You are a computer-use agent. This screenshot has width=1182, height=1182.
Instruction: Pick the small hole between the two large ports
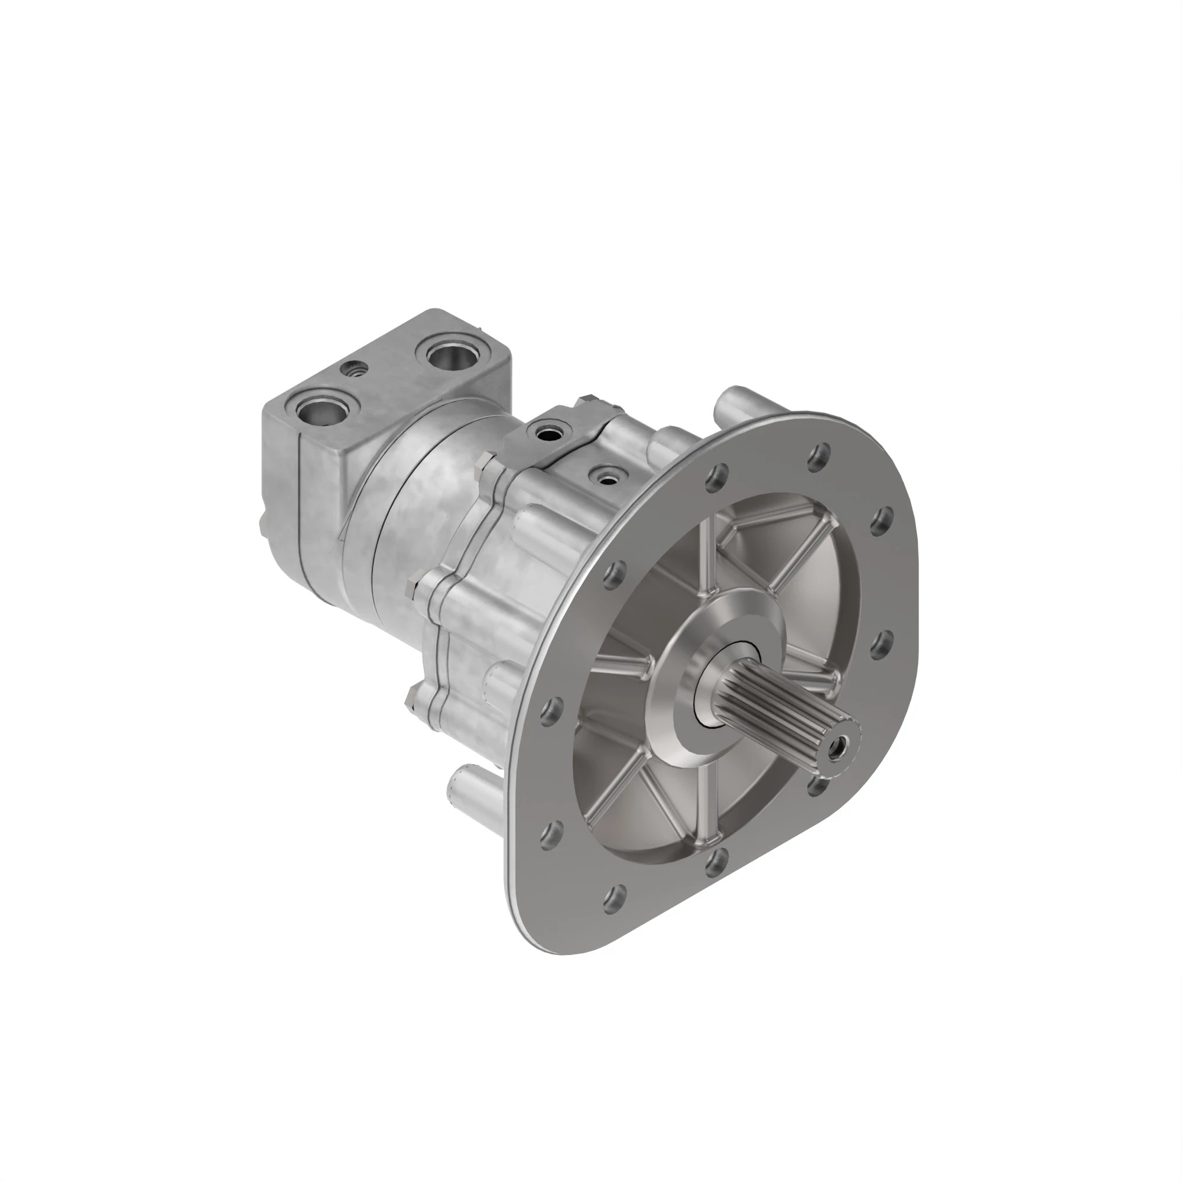354,369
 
